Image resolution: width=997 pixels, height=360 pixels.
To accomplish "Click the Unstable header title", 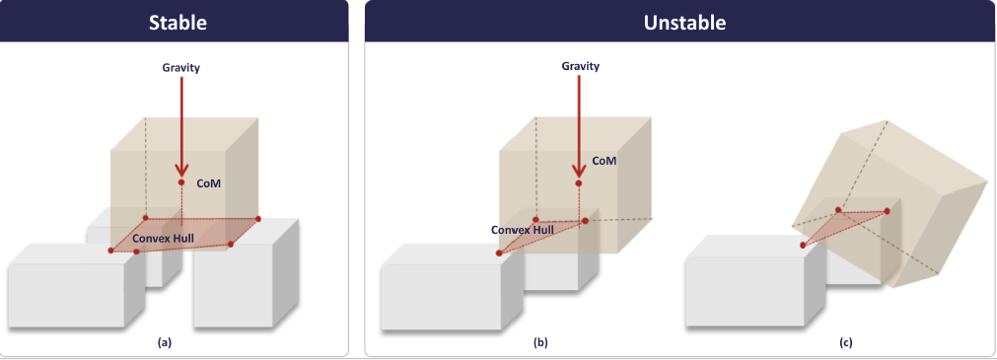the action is pyautogui.click(x=683, y=21).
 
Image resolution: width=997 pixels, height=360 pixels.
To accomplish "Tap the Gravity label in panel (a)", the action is pyautogui.click(x=182, y=67).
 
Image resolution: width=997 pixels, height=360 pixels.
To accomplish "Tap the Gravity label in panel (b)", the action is pyautogui.click(x=580, y=66).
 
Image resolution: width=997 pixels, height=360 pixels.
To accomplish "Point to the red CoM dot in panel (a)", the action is pyautogui.click(x=181, y=182).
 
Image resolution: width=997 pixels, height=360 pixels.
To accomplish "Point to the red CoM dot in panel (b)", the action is pyautogui.click(x=579, y=182).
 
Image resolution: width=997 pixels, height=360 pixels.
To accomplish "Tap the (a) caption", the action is pyautogui.click(x=165, y=342).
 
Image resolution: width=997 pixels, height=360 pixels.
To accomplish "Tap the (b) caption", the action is pyautogui.click(x=540, y=342).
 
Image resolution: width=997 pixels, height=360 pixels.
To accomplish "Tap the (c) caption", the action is pyautogui.click(x=846, y=342).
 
